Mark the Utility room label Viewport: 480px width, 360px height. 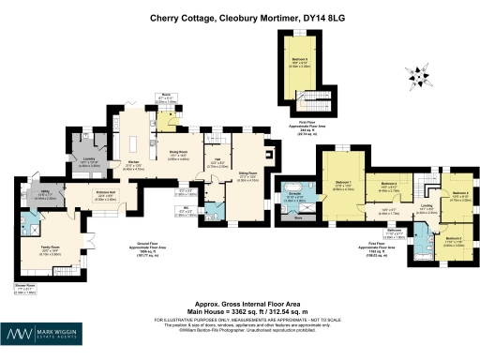coord(43,194)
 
